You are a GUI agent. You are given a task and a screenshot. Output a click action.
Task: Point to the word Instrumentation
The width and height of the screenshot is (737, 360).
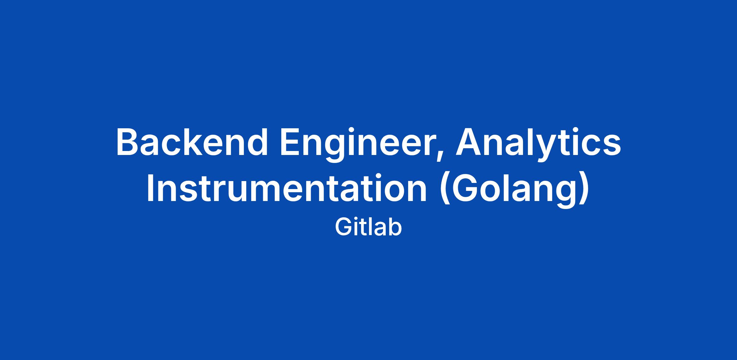click(x=287, y=188)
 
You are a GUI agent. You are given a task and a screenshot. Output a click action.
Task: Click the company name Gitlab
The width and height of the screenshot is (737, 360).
click(x=368, y=227)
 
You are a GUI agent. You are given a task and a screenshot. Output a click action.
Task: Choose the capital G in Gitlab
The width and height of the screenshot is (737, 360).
click(x=343, y=227)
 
